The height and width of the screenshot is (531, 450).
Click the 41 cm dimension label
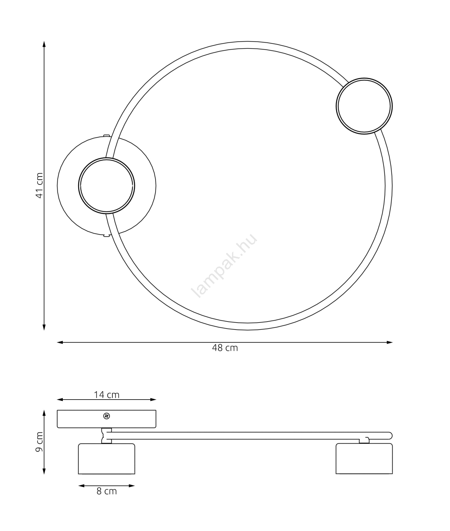(x=40, y=186)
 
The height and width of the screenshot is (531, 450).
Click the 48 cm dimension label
(x=225, y=348)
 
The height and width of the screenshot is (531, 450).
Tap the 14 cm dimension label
(x=106, y=395)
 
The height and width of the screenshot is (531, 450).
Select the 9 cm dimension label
(x=40, y=442)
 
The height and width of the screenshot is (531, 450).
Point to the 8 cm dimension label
(x=107, y=492)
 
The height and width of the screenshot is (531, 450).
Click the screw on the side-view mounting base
(x=107, y=416)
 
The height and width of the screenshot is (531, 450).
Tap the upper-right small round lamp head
(x=364, y=106)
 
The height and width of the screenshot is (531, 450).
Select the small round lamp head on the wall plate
(x=107, y=186)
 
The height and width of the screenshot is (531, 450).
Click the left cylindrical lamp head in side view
(x=107, y=459)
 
